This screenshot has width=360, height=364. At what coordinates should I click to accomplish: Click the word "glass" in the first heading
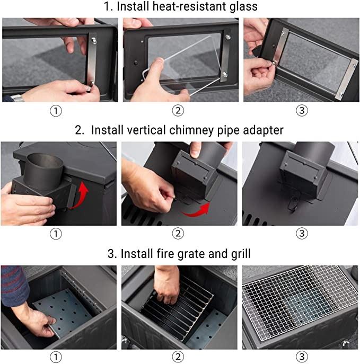point(243,6)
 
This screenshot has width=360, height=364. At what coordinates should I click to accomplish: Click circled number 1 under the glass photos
point(56,111)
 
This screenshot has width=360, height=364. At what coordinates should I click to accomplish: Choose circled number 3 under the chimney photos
point(302,233)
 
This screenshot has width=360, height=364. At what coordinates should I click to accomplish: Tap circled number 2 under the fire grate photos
point(178,357)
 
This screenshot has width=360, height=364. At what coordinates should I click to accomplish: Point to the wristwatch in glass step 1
point(17,98)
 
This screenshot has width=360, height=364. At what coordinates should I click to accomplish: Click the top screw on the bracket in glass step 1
point(94,41)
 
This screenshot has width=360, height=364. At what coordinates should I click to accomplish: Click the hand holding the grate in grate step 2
point(166,285)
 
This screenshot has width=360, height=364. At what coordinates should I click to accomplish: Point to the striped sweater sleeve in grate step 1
point(14,286)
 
